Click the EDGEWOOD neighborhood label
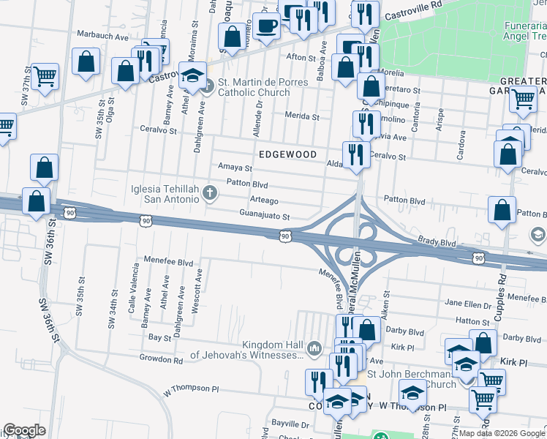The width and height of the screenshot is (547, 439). [287, 155]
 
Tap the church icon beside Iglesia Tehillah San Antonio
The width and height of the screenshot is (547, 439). [211, 193]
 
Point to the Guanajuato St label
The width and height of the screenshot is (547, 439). [265, 217]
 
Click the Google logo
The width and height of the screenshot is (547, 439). [24, 430]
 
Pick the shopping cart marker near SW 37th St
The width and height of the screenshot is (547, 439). [45, 75]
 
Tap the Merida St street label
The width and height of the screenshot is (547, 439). [303, 116]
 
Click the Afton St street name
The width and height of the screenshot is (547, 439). [300, 57]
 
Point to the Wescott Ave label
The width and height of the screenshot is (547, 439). [196, 291]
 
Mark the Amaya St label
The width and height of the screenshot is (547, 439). [235, 168]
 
